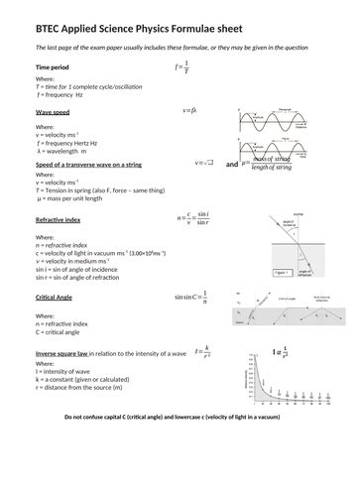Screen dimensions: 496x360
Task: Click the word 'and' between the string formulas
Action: tap(232, 164)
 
